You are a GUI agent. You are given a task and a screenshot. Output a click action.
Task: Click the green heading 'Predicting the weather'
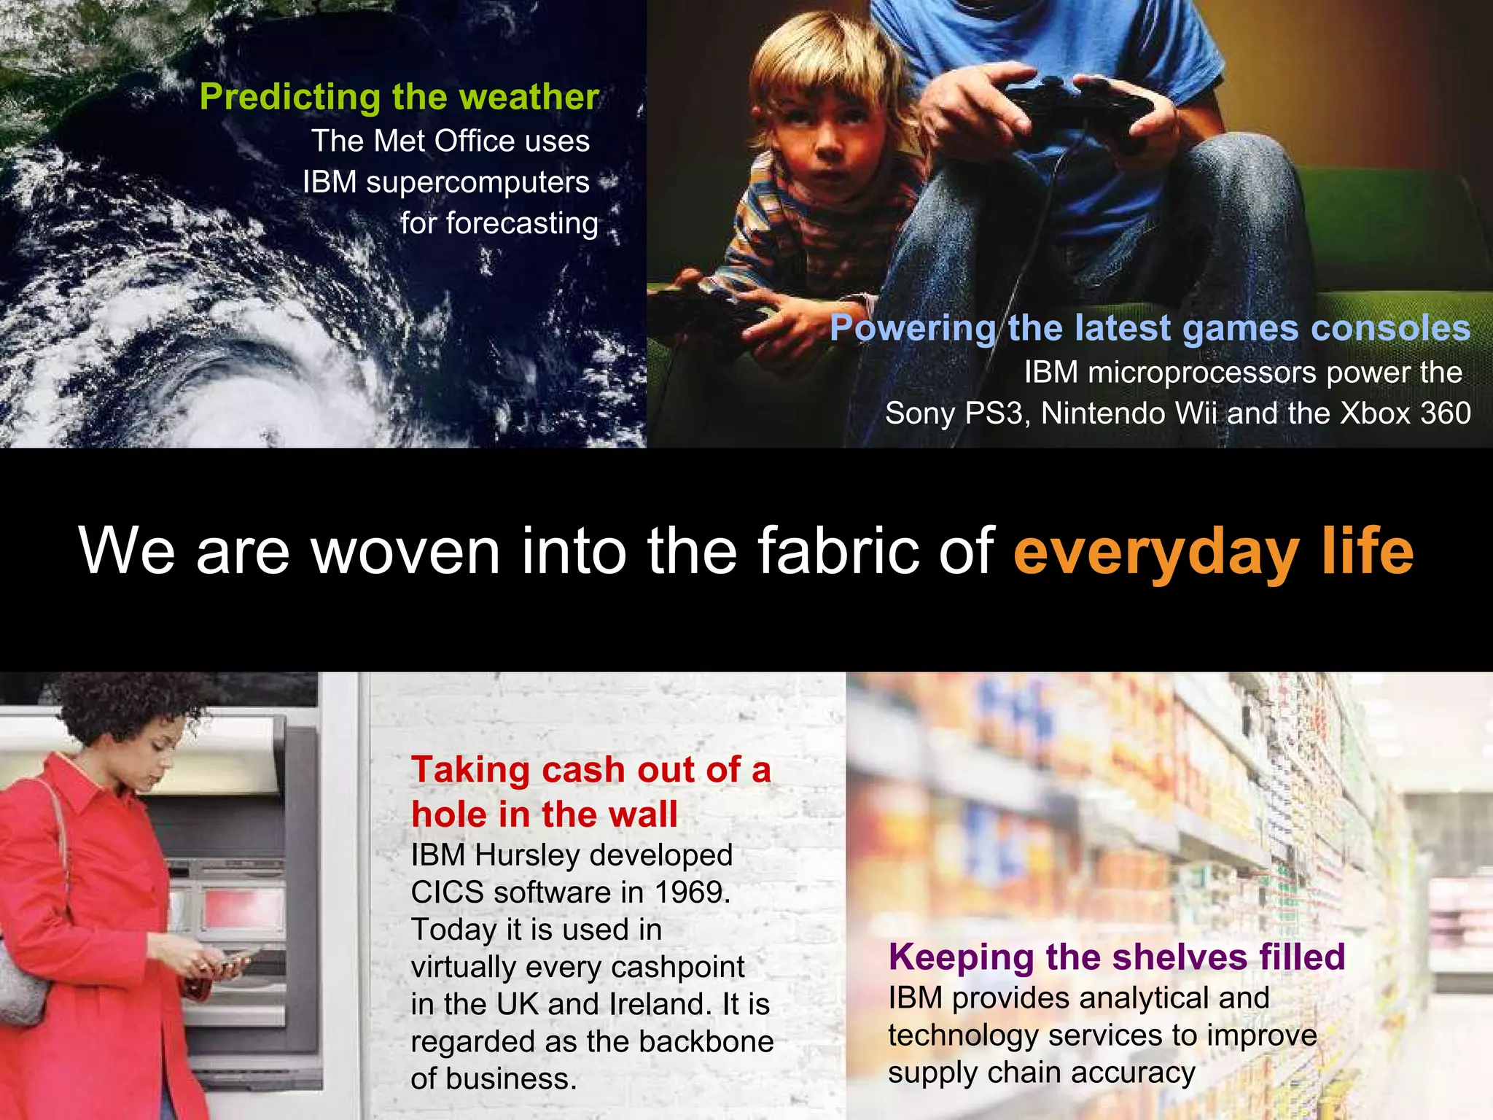399,97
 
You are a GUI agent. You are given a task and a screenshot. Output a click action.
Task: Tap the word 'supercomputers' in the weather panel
477,182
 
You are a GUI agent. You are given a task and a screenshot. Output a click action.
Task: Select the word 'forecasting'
521,223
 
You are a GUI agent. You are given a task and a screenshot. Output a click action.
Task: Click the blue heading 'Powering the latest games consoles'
1150,328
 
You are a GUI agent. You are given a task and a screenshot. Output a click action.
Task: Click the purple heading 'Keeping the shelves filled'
1116,957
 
